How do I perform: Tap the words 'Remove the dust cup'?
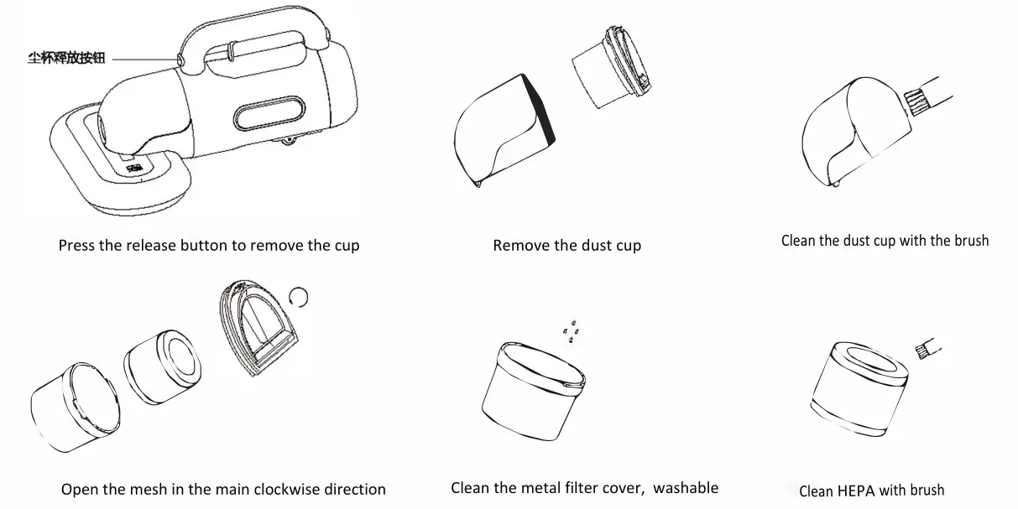[x=566, y=246]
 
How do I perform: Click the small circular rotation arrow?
[x=300, y=294]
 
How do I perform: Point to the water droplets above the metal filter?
[x=571, y=333]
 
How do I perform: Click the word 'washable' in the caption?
[x=686, y=487]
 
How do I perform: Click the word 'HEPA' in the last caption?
[x=857, y=491]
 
